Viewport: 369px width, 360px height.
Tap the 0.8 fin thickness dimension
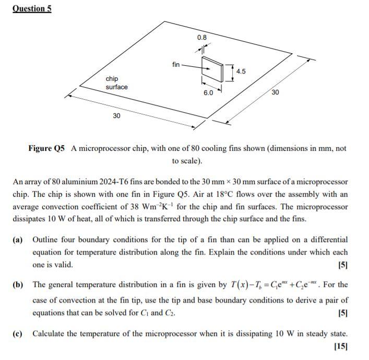tap(202, 38)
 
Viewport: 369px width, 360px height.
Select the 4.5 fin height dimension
tap(241, 71)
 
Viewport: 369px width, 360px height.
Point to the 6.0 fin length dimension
tap(208, 93)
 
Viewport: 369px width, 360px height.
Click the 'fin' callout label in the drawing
tap(176, 65)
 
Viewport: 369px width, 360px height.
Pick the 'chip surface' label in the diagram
tap(116, 83)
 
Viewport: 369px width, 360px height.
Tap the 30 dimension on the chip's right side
tap(275, 92)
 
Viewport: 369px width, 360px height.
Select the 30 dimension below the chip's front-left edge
tap(116, 115)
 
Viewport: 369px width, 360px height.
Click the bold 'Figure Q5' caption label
tap(46, 149)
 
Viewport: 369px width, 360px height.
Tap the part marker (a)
tap(18, 240)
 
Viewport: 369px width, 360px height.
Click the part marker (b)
tap(18, 285)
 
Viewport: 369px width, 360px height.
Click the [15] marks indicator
tap(341, 346)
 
